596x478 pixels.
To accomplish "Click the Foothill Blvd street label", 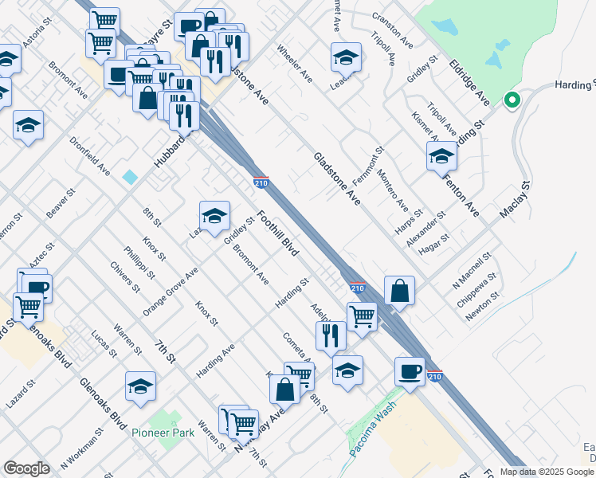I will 277,233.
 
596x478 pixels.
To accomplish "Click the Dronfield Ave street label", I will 89,155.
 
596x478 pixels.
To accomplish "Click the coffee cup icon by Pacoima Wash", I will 410,371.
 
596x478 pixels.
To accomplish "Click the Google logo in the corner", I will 26,468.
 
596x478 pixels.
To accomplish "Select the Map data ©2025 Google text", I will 547,472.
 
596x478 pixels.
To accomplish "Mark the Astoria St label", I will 37,37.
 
